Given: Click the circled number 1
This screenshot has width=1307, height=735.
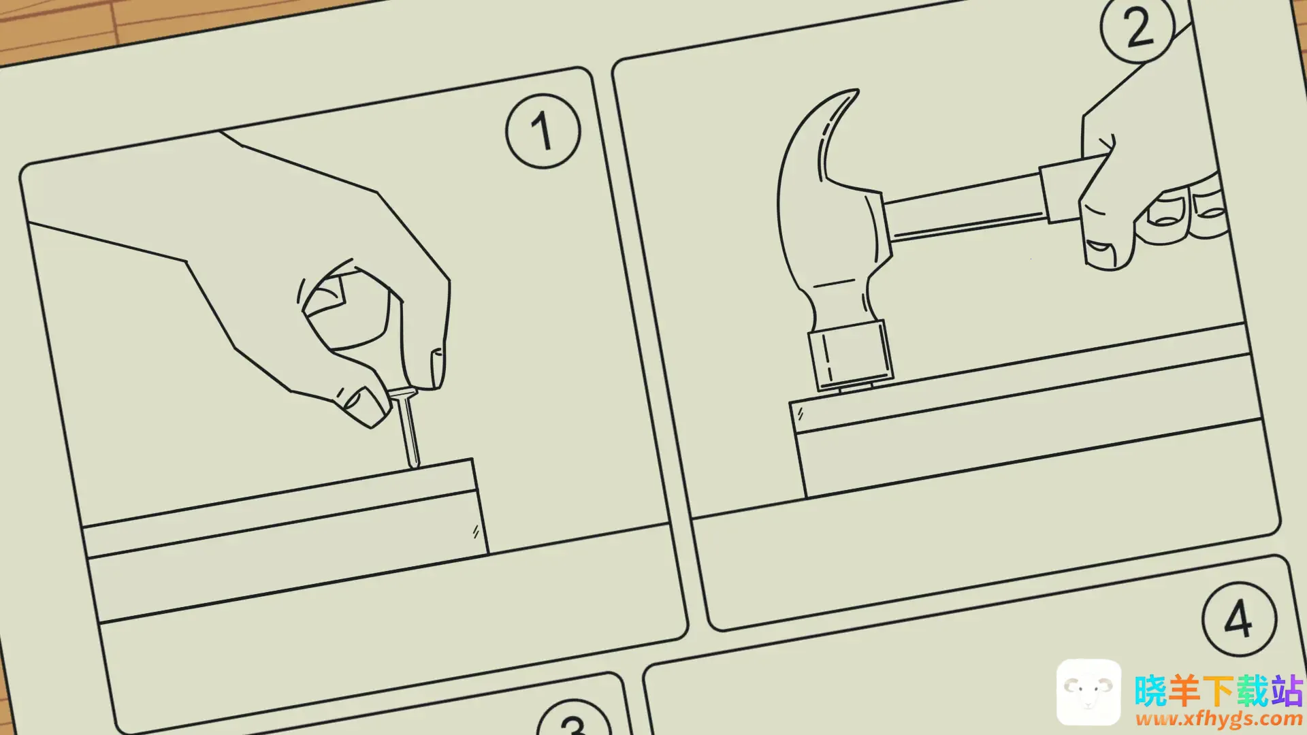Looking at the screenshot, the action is [x=543, y=131].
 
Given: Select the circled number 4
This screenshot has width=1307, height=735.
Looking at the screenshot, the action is [x=1239, y=618].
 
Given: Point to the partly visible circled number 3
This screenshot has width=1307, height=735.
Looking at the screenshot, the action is [x=573, y=718].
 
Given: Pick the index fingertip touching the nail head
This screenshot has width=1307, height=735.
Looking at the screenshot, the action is [x=425, y=367].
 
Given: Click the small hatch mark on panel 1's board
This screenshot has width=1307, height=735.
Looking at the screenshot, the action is [x=476, y=532].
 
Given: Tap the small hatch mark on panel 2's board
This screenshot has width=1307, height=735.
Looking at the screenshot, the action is [x=801, y=413].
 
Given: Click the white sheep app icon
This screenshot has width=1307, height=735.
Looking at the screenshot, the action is [x=1088, y=692].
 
